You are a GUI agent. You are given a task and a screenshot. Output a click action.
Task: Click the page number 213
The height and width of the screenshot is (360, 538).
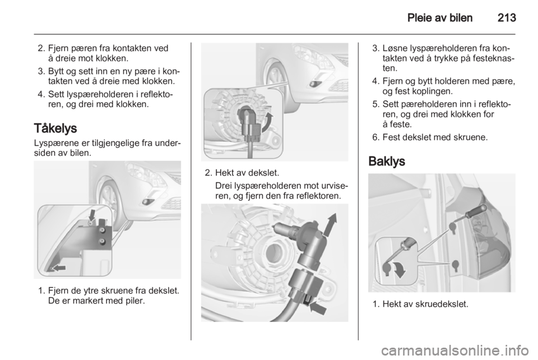pos(507,17)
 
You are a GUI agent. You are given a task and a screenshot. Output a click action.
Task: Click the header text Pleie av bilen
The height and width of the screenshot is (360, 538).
pos(439,17)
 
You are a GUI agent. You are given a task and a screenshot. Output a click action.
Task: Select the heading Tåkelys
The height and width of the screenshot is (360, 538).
pos(55,129)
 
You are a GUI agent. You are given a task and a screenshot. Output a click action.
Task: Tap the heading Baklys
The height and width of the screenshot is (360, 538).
pos(386,161)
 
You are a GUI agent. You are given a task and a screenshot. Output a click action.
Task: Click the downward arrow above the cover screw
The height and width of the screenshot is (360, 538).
pos(92,215)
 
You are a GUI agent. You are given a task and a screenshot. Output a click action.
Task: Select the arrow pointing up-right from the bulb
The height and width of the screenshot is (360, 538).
pos(330,225)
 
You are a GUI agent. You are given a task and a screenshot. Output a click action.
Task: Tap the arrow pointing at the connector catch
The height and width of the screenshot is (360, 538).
pos(318,307)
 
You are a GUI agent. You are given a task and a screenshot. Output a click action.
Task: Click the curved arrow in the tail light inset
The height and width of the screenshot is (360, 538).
pos(398,270)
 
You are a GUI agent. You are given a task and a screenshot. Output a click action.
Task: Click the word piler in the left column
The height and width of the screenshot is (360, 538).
pos(134,301)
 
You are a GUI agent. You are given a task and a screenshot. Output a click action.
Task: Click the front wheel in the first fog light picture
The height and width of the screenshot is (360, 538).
pos(109,199)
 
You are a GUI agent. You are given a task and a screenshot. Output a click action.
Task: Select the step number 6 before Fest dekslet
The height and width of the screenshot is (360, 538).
pos(376,137)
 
